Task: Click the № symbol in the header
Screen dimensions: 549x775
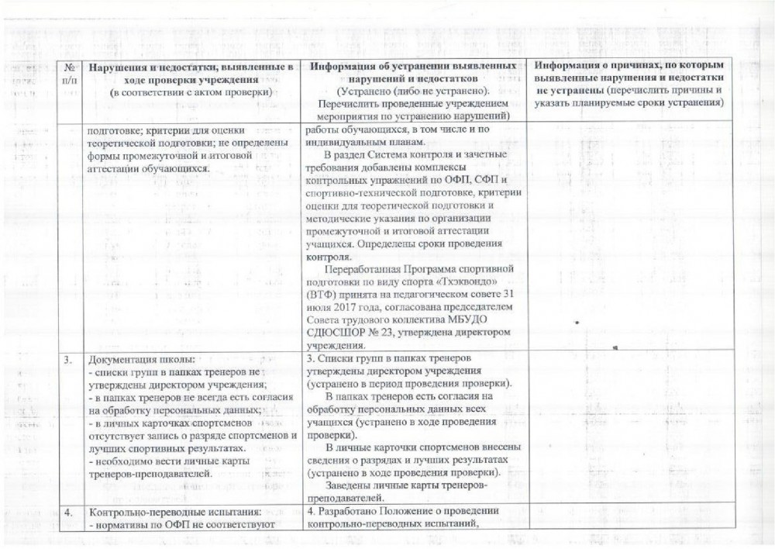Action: (x=72, y=68)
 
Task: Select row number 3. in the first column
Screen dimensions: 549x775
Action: (x=68, y=358)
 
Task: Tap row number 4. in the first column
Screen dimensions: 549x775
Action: (x=68, y=512)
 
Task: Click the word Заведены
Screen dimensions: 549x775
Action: (x=353, y=485)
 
